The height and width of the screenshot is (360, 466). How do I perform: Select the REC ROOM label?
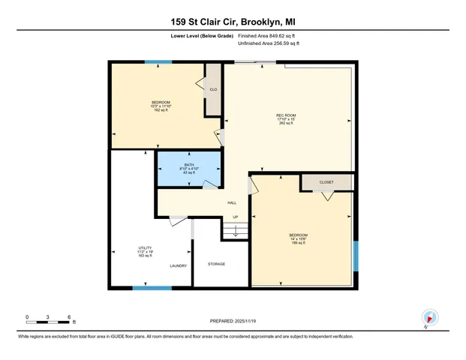[287, 118]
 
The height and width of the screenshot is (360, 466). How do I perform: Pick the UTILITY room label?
[145, 251]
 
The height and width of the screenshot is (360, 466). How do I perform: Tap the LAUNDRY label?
[178, 265]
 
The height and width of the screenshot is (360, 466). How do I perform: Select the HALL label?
[233, 202]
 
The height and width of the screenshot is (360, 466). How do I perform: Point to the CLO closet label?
[213, 90]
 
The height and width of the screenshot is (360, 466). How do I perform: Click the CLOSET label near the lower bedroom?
[326, 182]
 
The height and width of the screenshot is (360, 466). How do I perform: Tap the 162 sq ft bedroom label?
[161, 106]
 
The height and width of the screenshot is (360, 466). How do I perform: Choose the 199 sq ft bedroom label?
[298, 238]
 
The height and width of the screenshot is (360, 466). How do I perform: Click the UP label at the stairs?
[235, 218]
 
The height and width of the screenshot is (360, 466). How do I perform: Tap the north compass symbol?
[428, 318]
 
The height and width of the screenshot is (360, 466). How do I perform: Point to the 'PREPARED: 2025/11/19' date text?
[233, 321]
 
